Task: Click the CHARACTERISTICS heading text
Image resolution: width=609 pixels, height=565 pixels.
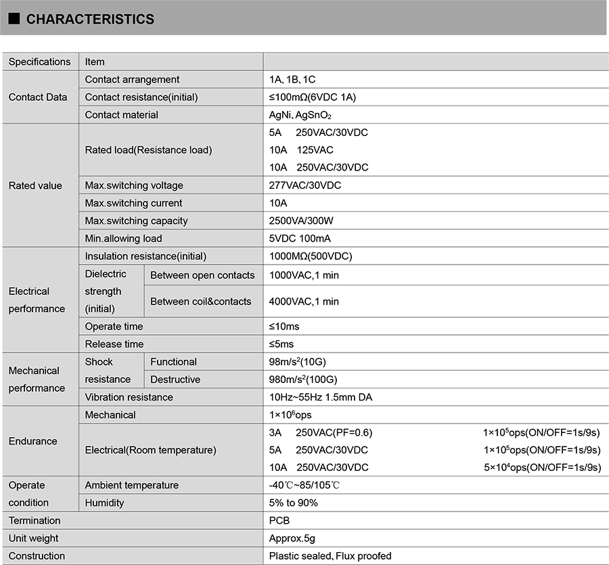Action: pyautogui.click(x=90, y=20)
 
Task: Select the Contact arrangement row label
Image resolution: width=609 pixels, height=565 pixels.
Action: pyautogui.click(x=132, y=79)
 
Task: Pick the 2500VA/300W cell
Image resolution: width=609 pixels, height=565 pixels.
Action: pyautogui.click(x=300, y=221)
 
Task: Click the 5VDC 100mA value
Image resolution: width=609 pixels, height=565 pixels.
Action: pyautogui.click(x=300, y=238)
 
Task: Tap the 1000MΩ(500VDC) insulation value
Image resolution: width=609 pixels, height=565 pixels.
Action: pyautogui.click(x=311, y=256)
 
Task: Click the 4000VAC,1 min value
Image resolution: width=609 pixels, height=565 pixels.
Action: pyautogui.click(x=304, y=301)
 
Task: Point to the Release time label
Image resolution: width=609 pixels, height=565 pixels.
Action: pyautogui.click(x=114, y=344)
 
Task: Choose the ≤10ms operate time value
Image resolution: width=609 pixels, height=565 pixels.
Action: pyautogui.click(x=284, y=326)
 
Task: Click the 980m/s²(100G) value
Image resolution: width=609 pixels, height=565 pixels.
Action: pyautogui.click(x=302, y=379)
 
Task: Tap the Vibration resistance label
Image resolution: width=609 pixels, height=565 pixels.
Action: pyautogui.click(x=129, y=397)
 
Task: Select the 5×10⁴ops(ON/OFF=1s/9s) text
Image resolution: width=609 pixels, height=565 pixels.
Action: pyautogui.click(x=542, y=467)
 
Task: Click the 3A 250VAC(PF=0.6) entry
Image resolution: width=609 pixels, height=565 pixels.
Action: pyautogui.click(x=321, y=432)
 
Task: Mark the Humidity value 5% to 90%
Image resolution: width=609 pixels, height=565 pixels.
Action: pyautogui.click(x=293, y=503)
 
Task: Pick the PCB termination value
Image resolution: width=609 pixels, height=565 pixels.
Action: pyautogui.click(x=279, y=520)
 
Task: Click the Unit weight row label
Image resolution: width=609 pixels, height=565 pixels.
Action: pyautogui.click(x=33, y=538)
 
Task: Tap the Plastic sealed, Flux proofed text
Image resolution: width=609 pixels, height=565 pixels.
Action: pyautogui.click(x=330, y=556)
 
